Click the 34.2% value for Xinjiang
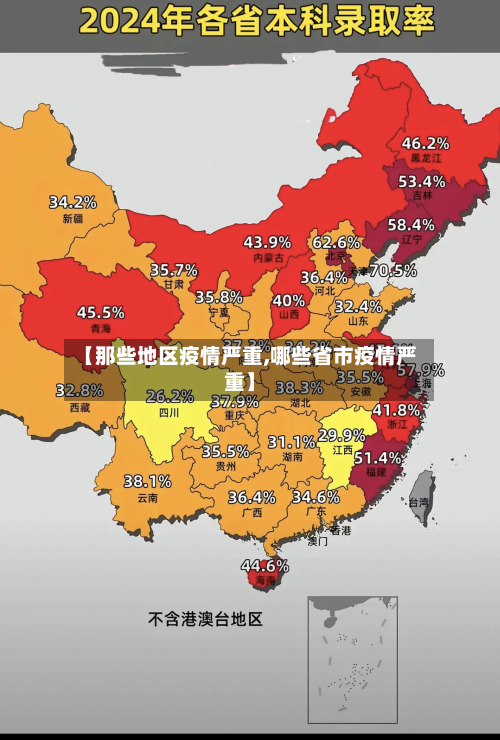click(x=73, y=201)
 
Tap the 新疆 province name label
click(x=73, y=218)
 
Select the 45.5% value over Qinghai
click(x=101, y=312)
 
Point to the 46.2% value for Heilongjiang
click(x=425, y=142)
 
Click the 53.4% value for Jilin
click(x=422, y=181)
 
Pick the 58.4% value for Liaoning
click(x=411, y=224)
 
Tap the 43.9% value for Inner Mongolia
click(x=267, y=241)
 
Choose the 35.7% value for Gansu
click(x=173, y=269)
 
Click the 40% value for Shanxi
click(x=289, y=299)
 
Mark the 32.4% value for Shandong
click(x=358, y=306)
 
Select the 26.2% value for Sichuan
click(x=169, y=396)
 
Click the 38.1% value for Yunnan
click(x=147, y=481)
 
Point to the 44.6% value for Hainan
click(x=264, y=565)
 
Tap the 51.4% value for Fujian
click(x=379, y=457)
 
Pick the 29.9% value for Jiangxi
click(x=341, y=435)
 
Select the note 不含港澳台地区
click(x=205, y=619)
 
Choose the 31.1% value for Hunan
click(x=291, y=441)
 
